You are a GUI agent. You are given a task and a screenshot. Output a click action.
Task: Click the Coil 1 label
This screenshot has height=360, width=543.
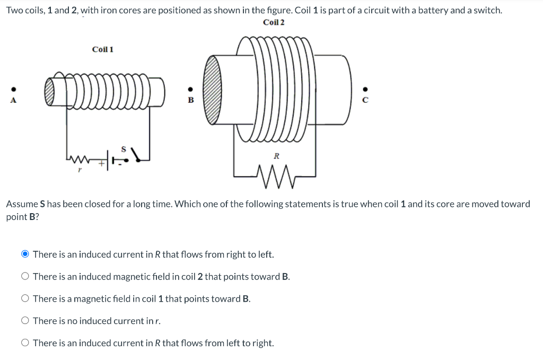[x=102, y=49]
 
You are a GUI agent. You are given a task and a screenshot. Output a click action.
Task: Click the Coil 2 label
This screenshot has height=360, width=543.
[x=274, y=22]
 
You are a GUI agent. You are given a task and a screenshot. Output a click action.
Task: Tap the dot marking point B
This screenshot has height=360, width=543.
[x=191, y=89]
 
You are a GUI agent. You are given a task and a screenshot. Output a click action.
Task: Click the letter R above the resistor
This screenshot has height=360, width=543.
[x=276, y=156]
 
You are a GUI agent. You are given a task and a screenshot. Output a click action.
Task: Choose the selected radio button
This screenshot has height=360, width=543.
[x=25, y=254]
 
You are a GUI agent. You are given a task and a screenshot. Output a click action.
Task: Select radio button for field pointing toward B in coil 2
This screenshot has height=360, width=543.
[x=25, y=277]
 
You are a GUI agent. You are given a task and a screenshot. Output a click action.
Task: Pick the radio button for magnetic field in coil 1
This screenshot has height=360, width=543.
[x=25, y=299]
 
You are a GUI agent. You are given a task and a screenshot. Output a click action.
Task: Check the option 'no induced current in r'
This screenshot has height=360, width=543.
[x=25, y=321]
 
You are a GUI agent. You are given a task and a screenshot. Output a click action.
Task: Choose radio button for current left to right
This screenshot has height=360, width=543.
[x=25, y=343]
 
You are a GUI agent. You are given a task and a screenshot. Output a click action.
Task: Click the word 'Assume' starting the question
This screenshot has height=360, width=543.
[x=22, y=204]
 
